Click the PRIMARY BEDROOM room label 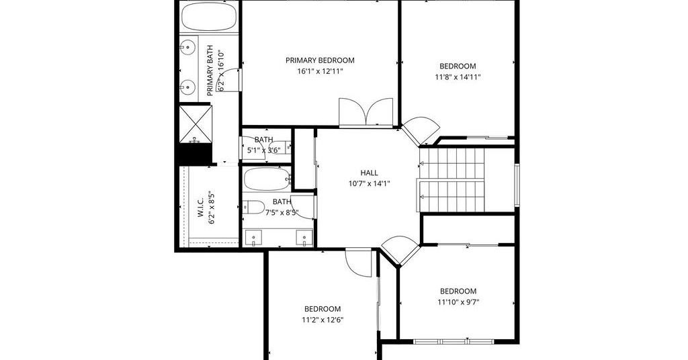320,60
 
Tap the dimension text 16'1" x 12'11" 320,71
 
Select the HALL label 369,173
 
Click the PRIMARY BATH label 210,71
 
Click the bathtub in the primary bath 209,17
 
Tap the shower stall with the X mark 196,124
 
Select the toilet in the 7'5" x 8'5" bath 253,206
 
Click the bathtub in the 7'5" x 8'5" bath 267,179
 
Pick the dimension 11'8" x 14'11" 458,77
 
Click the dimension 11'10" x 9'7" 458,302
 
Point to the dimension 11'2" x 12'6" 322,320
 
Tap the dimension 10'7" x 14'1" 369,184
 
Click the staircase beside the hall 451,180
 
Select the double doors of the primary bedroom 366,112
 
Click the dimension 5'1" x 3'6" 263,150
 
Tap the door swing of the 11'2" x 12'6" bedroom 359,262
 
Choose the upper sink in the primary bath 188,46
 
